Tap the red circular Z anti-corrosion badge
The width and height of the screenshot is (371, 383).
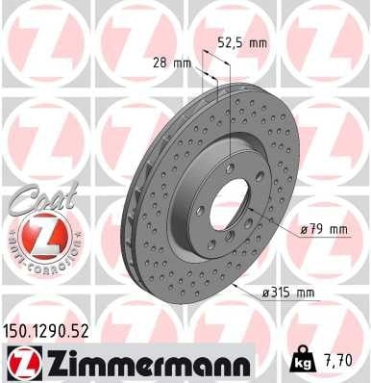coord(37,236)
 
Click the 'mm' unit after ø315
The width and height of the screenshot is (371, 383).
coord(305,293)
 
